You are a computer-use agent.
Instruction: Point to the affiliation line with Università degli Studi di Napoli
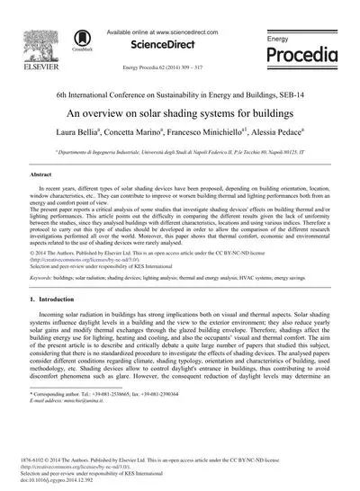point(179,153)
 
